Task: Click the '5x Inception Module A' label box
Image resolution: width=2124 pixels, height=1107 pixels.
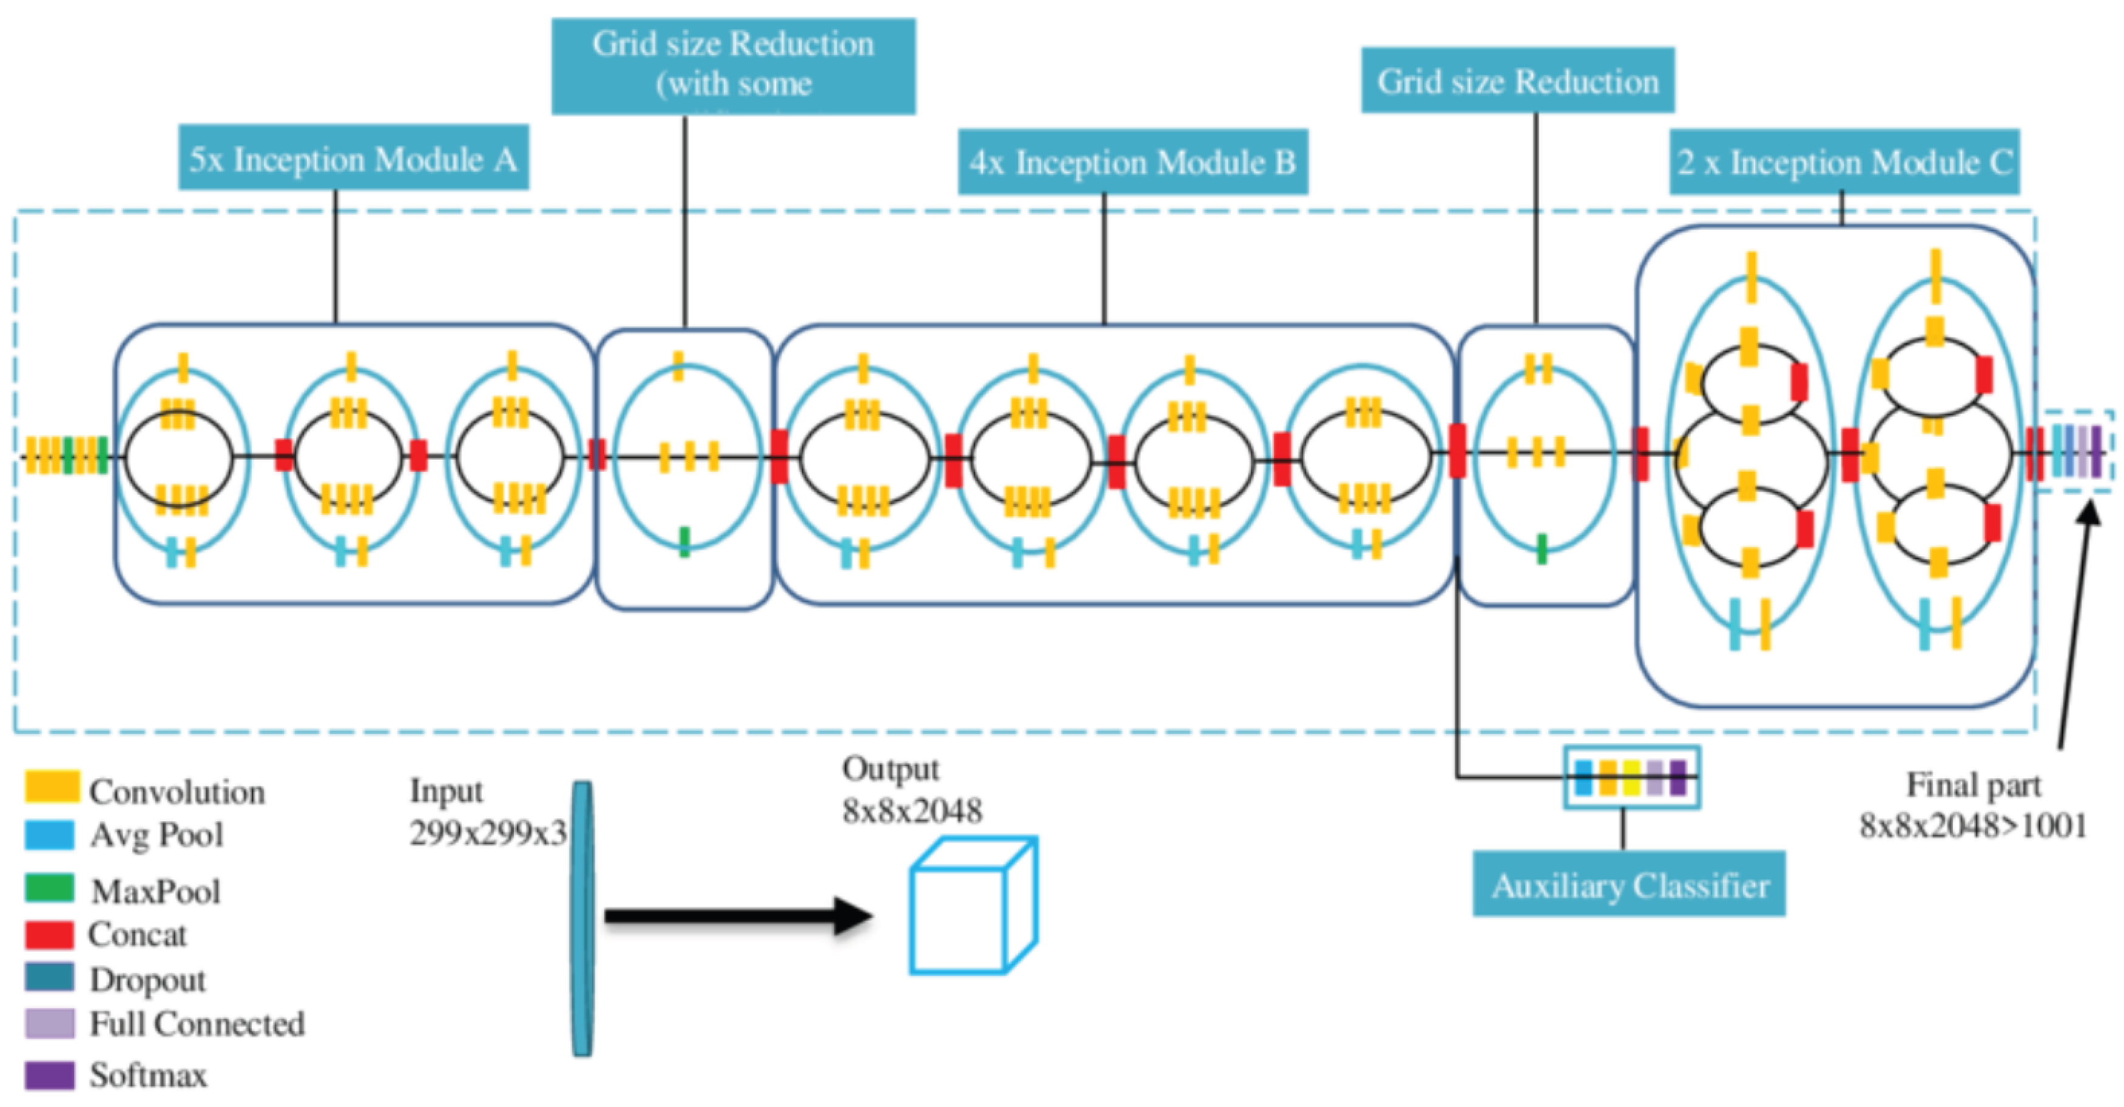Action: [x=353, y=158]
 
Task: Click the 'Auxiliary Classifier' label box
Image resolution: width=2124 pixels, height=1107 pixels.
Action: [x=1630, y=885]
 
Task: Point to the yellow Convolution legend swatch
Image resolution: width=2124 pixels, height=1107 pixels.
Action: [x=51, y=787]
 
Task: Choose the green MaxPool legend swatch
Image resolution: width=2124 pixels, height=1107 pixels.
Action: [x=50, y=889]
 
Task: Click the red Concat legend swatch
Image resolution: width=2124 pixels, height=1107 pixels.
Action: [x=50, y=935]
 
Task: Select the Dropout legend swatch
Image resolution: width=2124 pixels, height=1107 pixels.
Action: [x=50, y=978]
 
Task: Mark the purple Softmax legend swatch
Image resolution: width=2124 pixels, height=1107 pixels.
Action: [x=50, y=1075]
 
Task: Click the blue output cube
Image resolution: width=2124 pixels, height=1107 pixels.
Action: [x=973, y=907]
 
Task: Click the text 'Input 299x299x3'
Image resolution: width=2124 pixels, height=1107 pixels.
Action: [x=487, y=812]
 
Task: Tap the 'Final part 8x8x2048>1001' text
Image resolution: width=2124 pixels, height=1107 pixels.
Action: [x=1973, y=806]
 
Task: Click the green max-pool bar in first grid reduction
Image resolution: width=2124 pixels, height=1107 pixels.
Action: [x=684, y=542]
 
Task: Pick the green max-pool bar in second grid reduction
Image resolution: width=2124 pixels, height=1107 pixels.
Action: [x=1542, y=548]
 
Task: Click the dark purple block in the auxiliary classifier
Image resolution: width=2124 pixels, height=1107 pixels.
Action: [x=1677, y=777]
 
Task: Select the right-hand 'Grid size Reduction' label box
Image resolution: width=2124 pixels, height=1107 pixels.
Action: [x=1517, y=81]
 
